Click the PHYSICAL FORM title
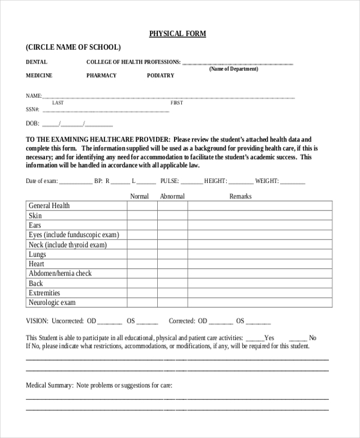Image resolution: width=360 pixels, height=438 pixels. (x=178, y=34)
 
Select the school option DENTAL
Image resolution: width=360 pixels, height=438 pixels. (x=37, y=62)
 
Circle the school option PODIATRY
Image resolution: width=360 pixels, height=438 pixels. (x=160, y=76)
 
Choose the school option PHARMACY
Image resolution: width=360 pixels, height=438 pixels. (x=101, y=76)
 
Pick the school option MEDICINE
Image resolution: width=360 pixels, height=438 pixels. (x=39, y=76)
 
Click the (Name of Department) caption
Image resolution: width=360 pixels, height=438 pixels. (x=233, y=69)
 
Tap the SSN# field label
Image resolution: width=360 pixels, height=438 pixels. (x=32, y=110)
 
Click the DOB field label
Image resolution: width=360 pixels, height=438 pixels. (x=32, y=124)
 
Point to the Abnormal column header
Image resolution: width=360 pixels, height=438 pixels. (x=172, y=196)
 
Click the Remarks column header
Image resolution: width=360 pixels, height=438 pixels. (x=240, y=196)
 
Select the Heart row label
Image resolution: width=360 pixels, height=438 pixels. (x=37, y=264)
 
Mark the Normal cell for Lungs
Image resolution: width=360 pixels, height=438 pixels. (x=142, y=254)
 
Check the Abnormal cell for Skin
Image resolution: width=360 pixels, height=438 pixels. (x=172, y=215)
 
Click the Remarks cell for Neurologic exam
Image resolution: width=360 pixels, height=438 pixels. (x=260, y=302)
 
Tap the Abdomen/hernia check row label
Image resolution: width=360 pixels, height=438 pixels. (x=60, y=274)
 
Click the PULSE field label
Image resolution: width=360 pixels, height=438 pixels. (x=169, y=181)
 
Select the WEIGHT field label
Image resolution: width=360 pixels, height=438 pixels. (x=267, y=181)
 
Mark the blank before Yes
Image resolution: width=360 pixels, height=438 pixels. (x=254, y=338)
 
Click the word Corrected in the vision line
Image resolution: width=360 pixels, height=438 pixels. (x=182, y=321)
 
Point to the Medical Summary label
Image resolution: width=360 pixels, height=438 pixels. (x=49, y=385)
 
